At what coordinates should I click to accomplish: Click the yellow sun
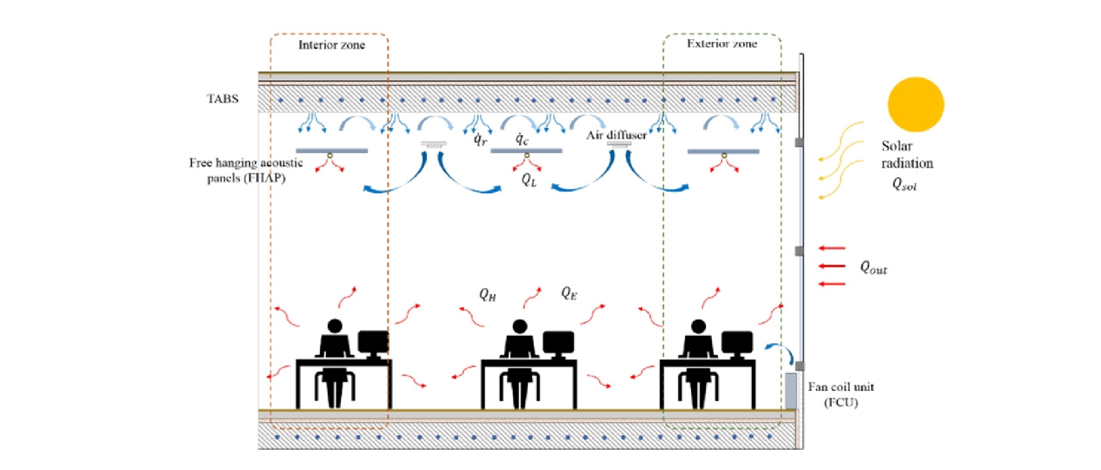(916, 104)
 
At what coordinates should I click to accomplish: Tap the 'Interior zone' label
(332, 45)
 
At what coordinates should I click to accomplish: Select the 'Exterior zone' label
(722, 44)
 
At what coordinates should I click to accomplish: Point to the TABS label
(223, 99)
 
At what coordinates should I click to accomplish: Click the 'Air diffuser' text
(616, 135)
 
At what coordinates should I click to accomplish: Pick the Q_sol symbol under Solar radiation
(904, 184)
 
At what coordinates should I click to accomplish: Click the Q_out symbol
(873, 268)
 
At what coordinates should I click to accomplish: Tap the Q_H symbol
(487, 295)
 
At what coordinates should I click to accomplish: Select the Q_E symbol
(569, 293)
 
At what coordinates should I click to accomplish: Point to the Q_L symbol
(529, 180)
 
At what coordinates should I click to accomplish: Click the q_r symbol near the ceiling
(480, 139)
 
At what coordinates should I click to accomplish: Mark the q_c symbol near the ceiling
(522, 139)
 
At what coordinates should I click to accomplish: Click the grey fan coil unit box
(791, 391)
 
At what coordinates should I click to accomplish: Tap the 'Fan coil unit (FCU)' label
(841, 394)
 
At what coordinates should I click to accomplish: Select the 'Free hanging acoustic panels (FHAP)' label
(246, 170)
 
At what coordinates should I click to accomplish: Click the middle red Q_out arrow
(832, 266)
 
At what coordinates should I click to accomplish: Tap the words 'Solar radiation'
(907, 154)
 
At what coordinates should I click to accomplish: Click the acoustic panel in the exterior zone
(724, 151)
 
